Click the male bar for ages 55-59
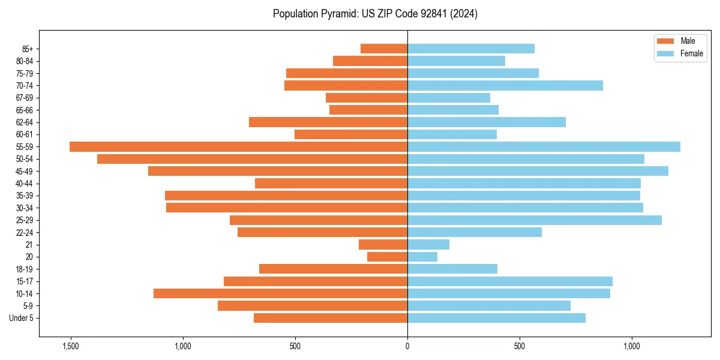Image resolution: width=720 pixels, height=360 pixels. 238,146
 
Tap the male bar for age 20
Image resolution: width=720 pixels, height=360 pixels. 387,257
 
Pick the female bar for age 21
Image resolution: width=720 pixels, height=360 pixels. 428,244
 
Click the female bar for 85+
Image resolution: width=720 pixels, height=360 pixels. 471,49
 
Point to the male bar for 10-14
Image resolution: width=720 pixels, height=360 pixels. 280,293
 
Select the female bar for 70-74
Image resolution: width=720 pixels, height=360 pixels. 505,85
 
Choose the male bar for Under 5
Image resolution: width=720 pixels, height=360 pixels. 331,318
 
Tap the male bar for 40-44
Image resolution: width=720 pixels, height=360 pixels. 331,183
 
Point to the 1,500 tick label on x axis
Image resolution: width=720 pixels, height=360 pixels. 71,346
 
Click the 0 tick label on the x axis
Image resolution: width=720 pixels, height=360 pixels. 407,346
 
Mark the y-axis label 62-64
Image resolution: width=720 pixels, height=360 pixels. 25,122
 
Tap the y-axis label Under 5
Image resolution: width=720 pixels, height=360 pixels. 22,318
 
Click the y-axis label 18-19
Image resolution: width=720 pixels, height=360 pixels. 25,269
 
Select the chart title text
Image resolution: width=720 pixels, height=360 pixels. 375,14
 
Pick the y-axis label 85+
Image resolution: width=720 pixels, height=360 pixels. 27,49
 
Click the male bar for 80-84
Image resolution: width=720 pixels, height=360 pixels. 370,61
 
